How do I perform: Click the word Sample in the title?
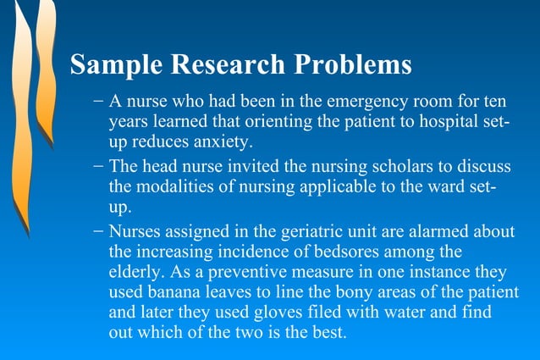click(x=113, y=64)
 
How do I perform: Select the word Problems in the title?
click(x=354, y=64)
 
